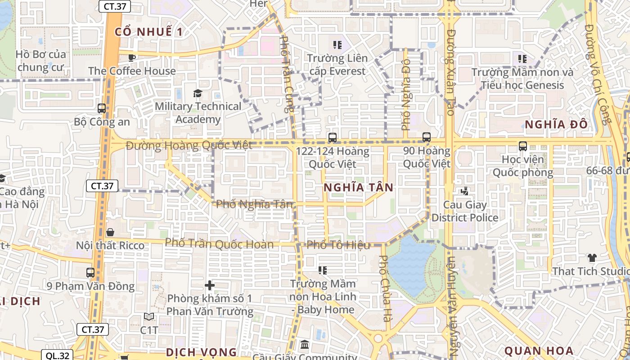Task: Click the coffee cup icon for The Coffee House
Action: [x=132, y=58]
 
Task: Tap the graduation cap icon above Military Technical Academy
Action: [x=198, y=94]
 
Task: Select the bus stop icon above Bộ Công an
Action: [x=102, y=108]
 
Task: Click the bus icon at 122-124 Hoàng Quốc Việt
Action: [x=333, y=138]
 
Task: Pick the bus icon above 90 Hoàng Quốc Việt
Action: [x=427, y=137]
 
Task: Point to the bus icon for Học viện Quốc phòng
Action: [x=523, y=146]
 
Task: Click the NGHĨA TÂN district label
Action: [x=359, y=188]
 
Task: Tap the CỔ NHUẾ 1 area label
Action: [x=149, y=32]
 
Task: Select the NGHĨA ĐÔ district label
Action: [x=557, y=125]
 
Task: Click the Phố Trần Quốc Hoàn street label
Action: [x=219, y=244]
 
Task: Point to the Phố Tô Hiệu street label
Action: [x=338, y=245]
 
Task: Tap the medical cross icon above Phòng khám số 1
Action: [x=210, y=285]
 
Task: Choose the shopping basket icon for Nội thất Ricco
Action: [x=110, y=232]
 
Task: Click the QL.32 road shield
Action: [x=58, y=355]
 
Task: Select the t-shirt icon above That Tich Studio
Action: [x=592, y=258]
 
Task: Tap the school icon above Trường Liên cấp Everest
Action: [x=337, y=45]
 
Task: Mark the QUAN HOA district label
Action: [x=539, y=351]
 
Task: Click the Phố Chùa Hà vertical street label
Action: [x=384, y=288]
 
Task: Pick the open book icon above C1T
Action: [x=149, y=317]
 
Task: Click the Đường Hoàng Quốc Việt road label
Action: [x=189, y=145]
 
